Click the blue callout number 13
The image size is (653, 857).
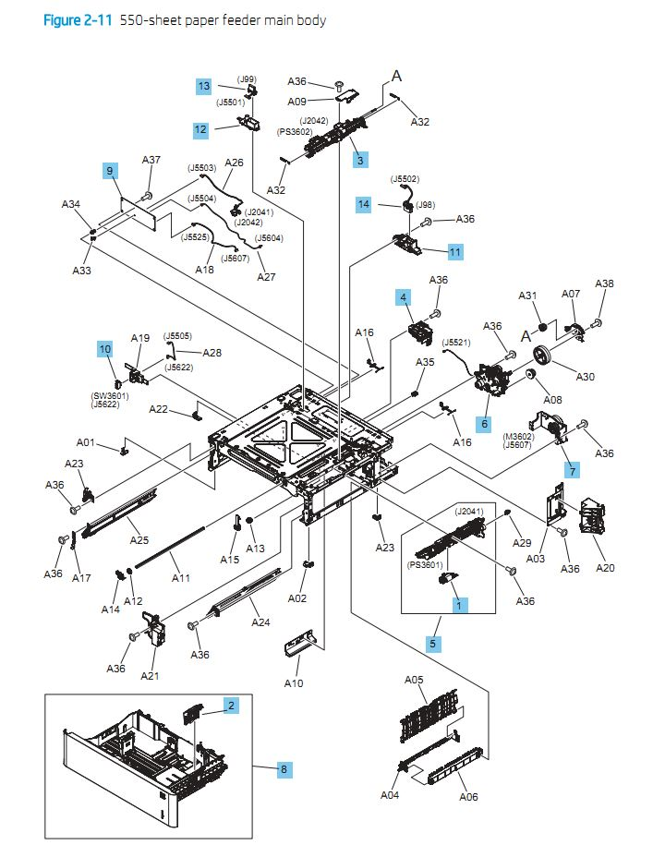tap(203, 86)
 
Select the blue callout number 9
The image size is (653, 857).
tap(110, 171)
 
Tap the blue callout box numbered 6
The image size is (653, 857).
tap(483, 423)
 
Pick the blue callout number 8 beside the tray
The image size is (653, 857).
tap(284, 768)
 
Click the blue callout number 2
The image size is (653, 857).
tap(231, 706)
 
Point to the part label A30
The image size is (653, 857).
tap(586, 376)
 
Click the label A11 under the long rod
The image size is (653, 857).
tap(181, 579)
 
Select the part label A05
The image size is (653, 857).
tap(415, 680)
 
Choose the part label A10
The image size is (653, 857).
tap(293, 683)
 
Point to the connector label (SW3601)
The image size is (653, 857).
tap(109, 396)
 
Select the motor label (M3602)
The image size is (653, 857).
tap(520, 436)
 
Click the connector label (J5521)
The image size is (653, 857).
tap(458, 342)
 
